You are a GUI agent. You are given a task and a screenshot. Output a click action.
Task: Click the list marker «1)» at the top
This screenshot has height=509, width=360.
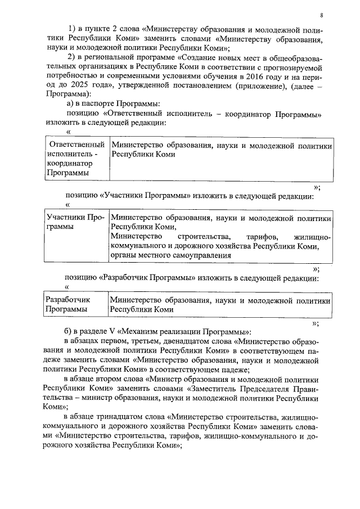[x=72, y=28]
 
